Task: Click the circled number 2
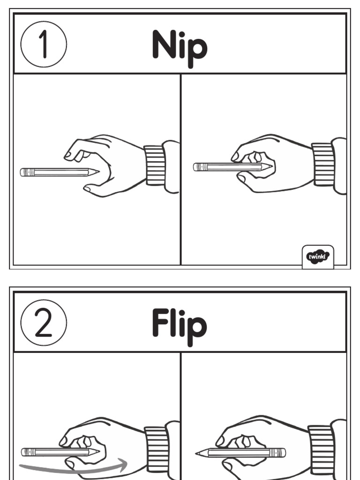pyautogui.click(x=44, y=323)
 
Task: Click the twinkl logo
pyautogui.click(x=318, y=256)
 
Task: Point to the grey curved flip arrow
pyautogui.click(x=75, y=467)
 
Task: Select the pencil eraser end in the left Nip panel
pyautogui.click(x=23, y=172)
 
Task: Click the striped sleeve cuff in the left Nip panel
pyautogui.click(x=155, y=165)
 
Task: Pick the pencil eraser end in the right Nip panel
pyautogui.click(x=197, y=167)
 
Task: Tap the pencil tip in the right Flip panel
pyautogui.click(x=199, y=453)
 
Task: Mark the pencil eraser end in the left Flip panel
pyautogui.click(x=24, y=452)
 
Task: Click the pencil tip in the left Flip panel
pyautogui.click(x=97, y=452)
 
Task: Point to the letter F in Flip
pyautogui.click(x=160, y=323)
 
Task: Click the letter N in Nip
pyautogui.click(x=164, y=45)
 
